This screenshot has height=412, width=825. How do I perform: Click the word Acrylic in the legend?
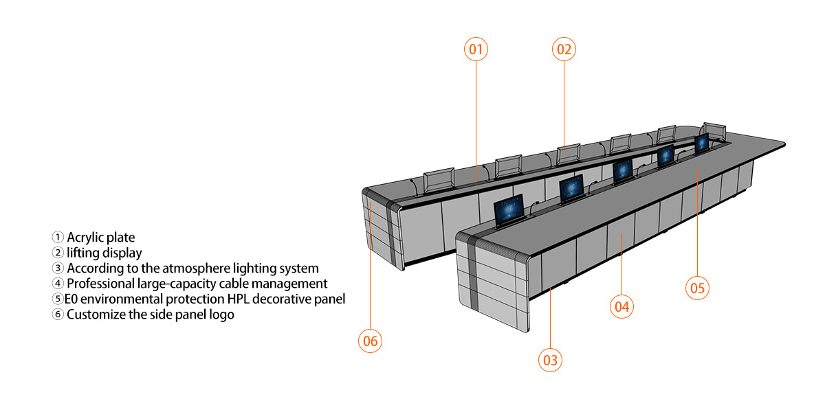click(85, 238)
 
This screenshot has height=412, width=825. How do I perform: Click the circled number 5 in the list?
click(58, 299)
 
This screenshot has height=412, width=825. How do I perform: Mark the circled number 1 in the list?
click(58, 237)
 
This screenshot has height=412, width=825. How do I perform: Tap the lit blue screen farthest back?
click(702, 143)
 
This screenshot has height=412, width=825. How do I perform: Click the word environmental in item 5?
click(121, 299)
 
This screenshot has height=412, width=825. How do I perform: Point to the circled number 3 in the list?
click(58, 268)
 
